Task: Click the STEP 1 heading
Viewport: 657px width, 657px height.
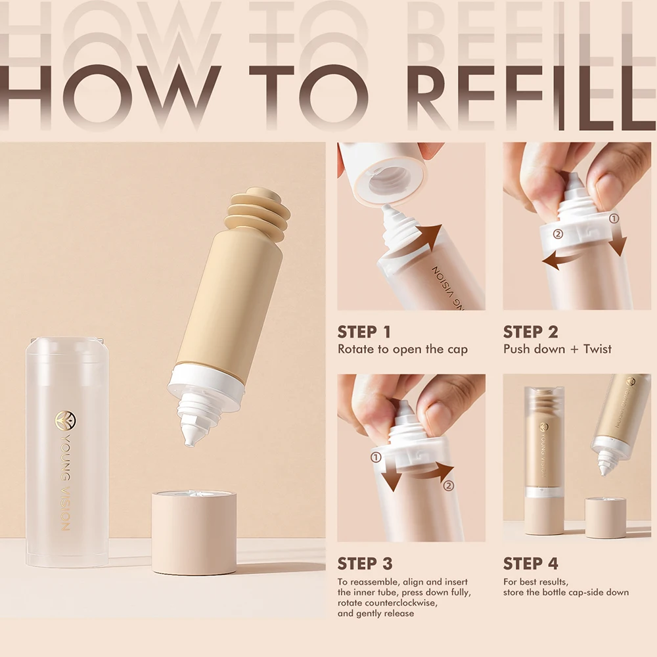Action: [365, 332]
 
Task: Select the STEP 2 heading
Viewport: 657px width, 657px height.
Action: [531, 332]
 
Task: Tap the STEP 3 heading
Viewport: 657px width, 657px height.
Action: [365, 563]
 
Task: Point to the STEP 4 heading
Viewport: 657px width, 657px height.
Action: [531, 563]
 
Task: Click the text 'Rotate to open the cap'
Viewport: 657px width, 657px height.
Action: [403, 350]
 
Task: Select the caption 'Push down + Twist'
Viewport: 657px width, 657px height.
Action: [557, 350]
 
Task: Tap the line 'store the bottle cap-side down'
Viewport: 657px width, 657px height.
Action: [566, 593]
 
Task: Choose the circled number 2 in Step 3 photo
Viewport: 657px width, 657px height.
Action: [449, 486]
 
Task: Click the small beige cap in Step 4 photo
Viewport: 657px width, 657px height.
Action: [605, 518]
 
